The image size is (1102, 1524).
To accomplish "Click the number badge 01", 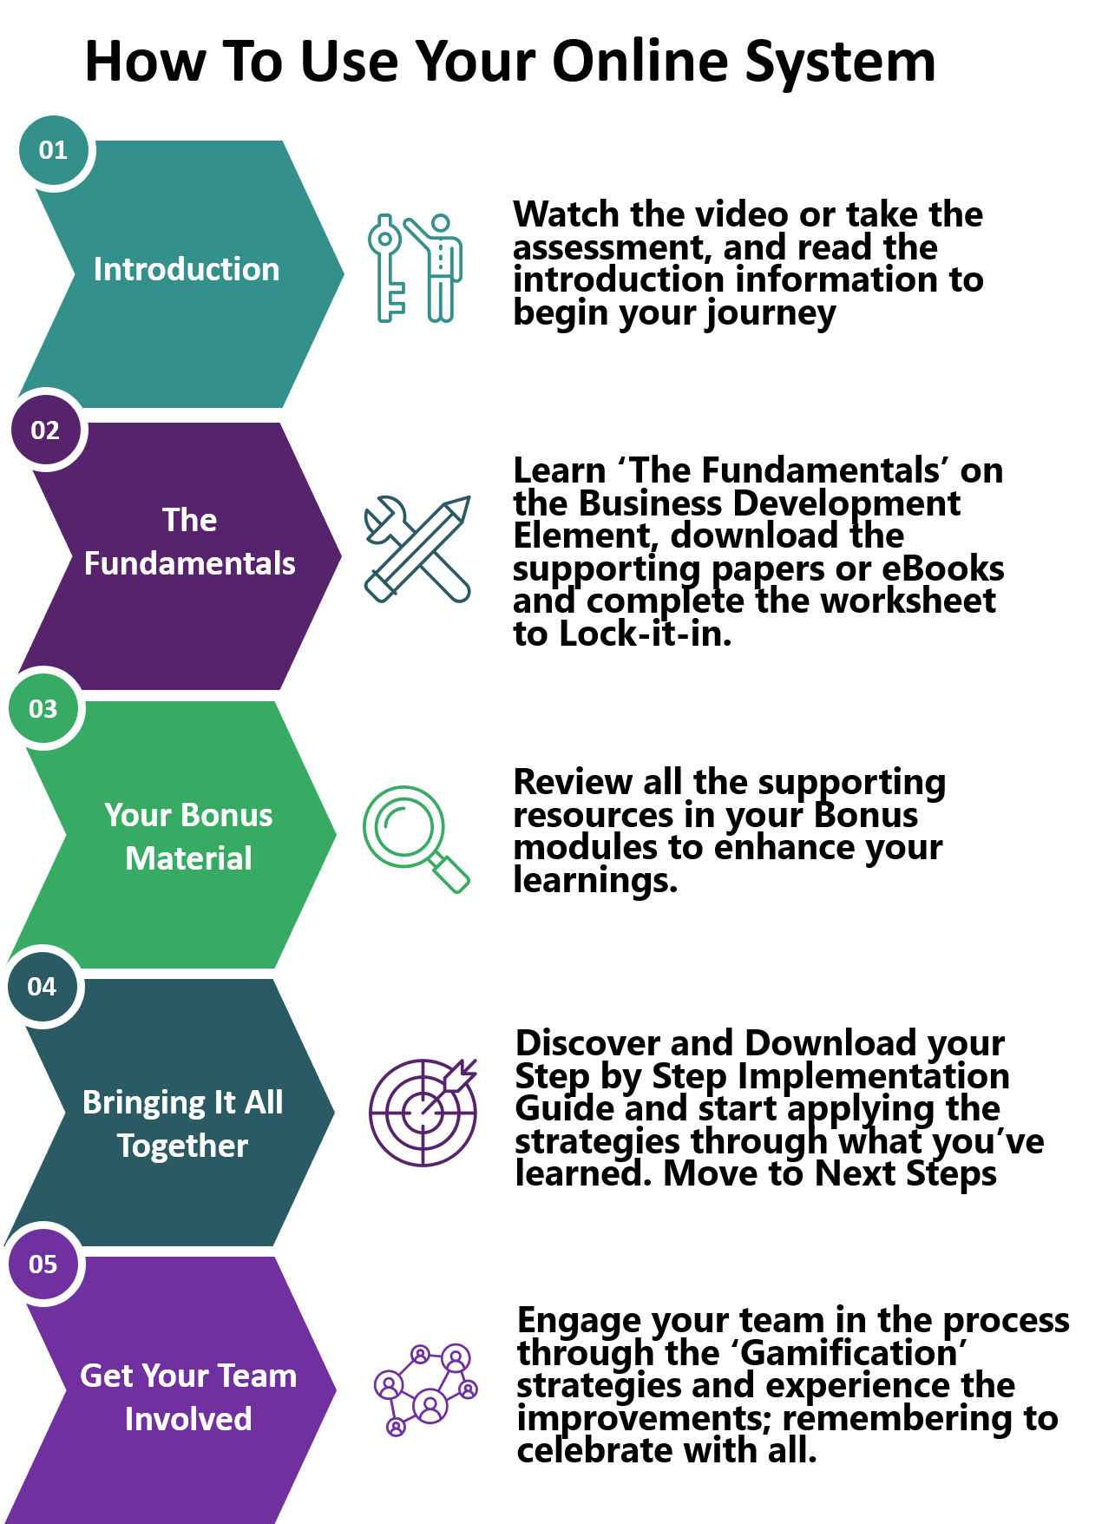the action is pos(54,150).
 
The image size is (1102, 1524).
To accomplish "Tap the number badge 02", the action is pos(45,430).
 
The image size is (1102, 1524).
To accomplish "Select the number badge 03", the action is pos(43,709).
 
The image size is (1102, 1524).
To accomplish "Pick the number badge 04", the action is pos(43,987).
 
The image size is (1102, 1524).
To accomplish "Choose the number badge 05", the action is pos(43,1265).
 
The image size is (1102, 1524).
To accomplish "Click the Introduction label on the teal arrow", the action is pos(187,269).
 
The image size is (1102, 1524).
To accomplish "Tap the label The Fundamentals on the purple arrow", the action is pos(190,542).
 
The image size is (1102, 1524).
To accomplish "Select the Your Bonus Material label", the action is pos(188,837).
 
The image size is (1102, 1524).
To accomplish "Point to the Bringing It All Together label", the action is pos(183,1124).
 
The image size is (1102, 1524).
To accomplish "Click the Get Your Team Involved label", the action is pos(188,1397).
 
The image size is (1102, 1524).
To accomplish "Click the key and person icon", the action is pos(416,268).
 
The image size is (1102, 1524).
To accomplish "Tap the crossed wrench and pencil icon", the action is pos(417,549).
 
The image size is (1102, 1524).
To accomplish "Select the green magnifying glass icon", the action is pos(416,838).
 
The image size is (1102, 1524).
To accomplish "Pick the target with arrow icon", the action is pos(423,1112).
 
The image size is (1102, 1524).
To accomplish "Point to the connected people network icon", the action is pos(425,1389).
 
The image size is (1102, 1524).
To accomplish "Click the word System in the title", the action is pos(841,62).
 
